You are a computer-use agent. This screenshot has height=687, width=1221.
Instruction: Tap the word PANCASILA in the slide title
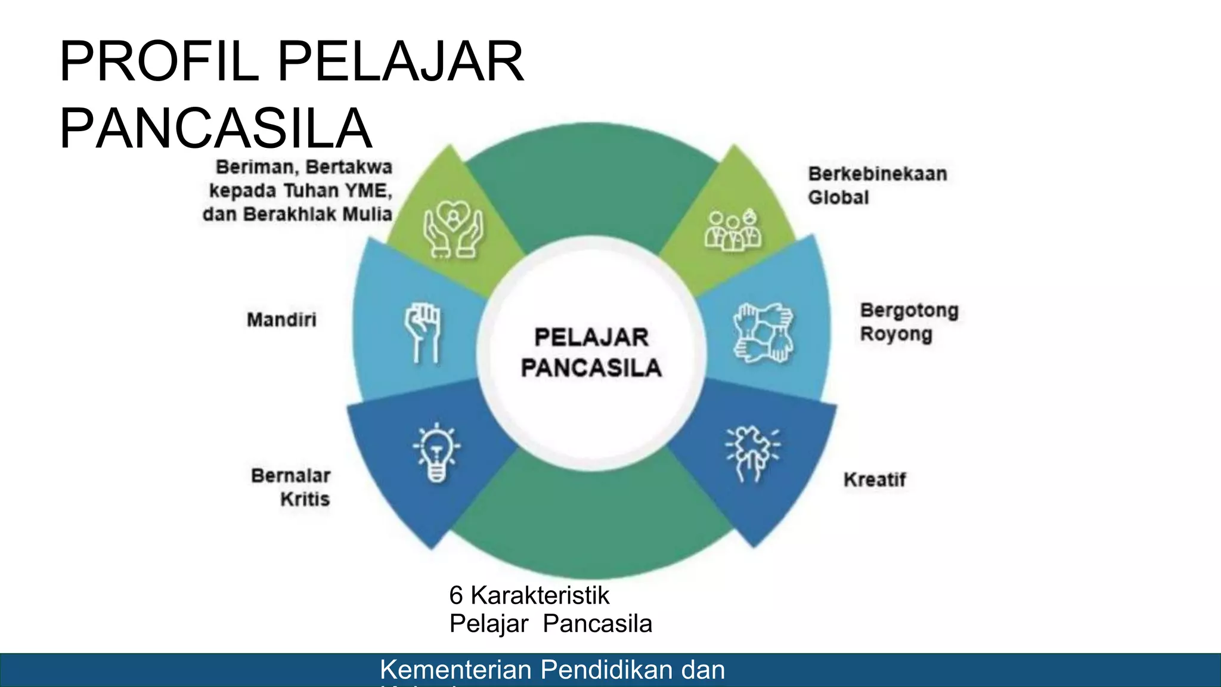coord(215,129)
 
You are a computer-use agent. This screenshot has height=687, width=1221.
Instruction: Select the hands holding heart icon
coord(453,229)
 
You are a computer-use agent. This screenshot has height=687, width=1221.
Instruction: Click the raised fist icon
coord(423,332)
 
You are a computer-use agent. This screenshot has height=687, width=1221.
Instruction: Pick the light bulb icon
coord(437,452)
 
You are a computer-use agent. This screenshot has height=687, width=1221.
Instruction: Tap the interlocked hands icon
coord(763,332)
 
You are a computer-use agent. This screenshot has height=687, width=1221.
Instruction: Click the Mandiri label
coord(281,320)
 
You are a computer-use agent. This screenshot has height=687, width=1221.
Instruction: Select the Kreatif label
coord(875,479)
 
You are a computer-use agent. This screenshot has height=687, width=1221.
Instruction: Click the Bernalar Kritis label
coord(292,487)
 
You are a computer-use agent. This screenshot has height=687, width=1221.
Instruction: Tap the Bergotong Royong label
coord(909,322)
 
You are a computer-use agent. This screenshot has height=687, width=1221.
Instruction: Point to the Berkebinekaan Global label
coord(877,185)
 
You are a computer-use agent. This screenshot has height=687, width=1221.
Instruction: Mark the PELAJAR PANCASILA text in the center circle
coord(591,352)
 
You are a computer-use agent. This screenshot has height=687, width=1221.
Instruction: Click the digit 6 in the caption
coord(456,595)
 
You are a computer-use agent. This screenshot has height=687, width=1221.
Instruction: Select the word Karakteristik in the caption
coord(540,595)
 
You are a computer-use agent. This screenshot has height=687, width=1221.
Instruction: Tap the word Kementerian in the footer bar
coord(455,670)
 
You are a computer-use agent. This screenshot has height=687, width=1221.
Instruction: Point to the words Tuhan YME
coord(337,191)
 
